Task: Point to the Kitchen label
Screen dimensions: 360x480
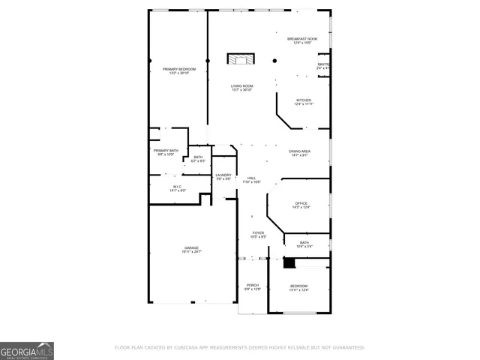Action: click(303, 101)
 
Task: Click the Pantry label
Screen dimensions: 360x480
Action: click(324, 66)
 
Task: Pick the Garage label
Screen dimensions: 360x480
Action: click(192, 249)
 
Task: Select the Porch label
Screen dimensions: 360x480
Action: click(252, 286)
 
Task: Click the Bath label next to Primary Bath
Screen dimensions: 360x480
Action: click(198, 158)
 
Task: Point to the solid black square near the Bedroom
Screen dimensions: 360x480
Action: click(289, 262)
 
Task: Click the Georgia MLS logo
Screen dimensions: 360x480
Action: click(27, 351)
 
